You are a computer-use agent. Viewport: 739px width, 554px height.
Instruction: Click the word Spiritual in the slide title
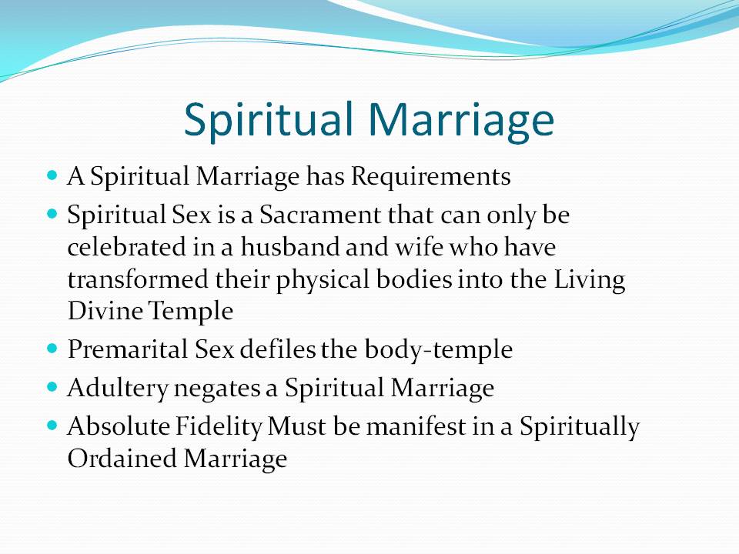point(268,120)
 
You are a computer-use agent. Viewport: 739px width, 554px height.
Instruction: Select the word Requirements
point(431,178)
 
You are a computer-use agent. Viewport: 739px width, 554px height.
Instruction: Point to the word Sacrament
point(319,215)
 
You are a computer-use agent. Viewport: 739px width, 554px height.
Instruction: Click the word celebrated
point(127,247)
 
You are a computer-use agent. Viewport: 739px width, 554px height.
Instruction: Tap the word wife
point(419,247)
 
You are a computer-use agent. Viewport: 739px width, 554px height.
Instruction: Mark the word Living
point(589,280)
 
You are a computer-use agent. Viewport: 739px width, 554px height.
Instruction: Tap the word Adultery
point(117,389)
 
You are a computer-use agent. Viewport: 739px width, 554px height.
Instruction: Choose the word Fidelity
point(219,428)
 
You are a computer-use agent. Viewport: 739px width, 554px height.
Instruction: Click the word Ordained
point(122,459)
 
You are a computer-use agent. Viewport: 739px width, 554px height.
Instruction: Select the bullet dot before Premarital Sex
point(52,349)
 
